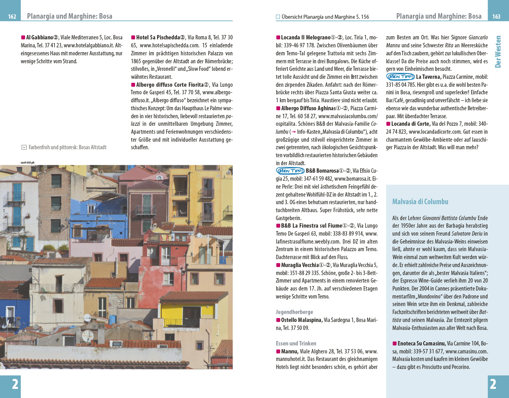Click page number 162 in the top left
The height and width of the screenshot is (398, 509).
pos(12,17)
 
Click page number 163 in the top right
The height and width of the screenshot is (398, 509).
pos(496,17)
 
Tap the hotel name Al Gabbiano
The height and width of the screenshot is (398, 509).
pos(39,37)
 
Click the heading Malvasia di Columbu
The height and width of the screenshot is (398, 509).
pos(420,201)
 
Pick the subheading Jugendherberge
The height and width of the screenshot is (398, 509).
pos(294,312)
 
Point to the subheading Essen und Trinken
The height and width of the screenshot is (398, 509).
pos(296,343)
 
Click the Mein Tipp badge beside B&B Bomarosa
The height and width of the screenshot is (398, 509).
pos(290,171)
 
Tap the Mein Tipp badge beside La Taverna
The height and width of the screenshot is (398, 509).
pos(400,77)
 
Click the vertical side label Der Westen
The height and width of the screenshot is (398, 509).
pos(498,52)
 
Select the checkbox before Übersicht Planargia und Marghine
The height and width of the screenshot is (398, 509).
pos(278,17)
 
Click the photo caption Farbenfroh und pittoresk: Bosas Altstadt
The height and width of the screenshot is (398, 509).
pos(67,147)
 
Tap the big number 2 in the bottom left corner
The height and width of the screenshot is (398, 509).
pos(15,384)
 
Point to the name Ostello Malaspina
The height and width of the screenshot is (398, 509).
pos(301,320)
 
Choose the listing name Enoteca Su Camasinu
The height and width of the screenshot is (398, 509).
pos(421,343)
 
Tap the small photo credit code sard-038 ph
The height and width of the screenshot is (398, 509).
pos(28,162)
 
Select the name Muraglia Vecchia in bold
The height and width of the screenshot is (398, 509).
pos(299,265)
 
